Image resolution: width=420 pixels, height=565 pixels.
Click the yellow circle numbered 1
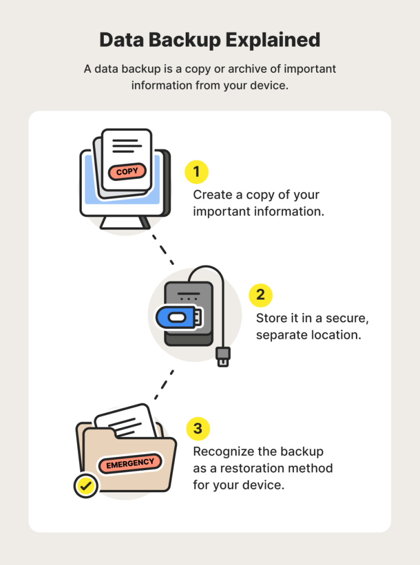(x=196, y=172)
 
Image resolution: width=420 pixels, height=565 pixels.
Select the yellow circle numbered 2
(x=260, y=295)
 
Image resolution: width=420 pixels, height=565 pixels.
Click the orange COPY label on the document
(x=127, y=172)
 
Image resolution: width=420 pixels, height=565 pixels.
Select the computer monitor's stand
(x=125, y=222)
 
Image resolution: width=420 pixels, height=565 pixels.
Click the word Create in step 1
(x=210, y=195)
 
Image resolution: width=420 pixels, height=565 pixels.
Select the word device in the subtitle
(x=270, y=86)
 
